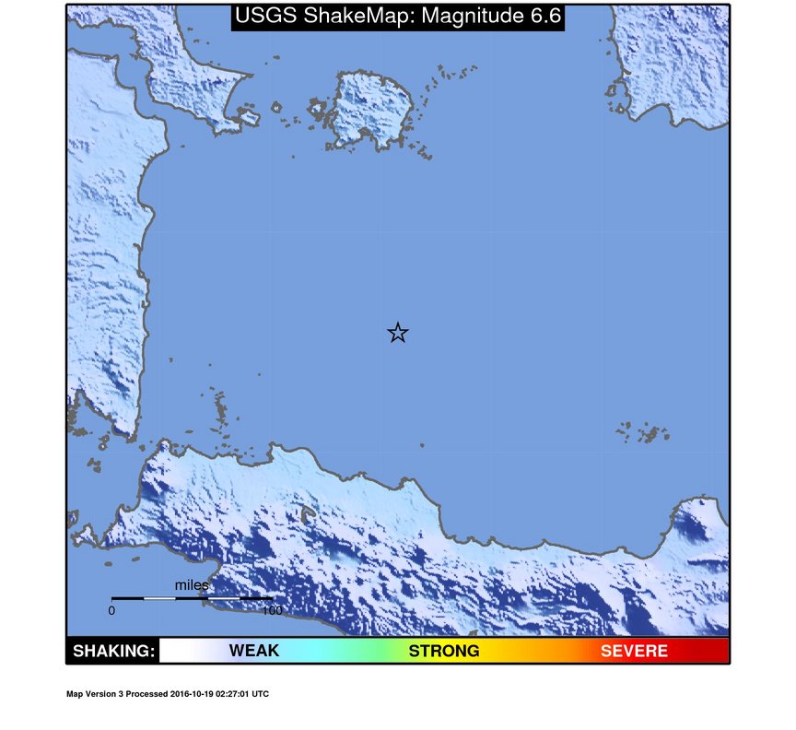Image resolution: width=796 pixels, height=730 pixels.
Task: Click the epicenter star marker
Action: [397, 333]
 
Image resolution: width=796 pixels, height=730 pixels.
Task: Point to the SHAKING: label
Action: [113, 652]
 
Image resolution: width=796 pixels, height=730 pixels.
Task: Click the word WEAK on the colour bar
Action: [253, 652]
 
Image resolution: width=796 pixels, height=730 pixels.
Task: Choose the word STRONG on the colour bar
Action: [444, 652]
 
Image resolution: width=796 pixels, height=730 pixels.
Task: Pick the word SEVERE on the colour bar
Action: [634, 652]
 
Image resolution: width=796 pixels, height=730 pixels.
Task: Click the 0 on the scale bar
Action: [111, 610]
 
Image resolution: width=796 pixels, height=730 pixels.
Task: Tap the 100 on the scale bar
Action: [271, 610]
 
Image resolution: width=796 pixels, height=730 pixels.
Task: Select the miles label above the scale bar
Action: [192, 585]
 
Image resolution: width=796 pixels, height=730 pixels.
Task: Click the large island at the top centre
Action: [370, 109]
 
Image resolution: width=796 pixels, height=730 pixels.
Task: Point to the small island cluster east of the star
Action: [645, 432]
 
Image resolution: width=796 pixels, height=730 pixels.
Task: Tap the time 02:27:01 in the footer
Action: [231, 694]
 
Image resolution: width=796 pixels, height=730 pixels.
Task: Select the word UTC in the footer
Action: [261, 694]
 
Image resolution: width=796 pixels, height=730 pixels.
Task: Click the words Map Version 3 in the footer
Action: [95, 694]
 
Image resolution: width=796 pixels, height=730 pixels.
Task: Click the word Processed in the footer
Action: [146, 694]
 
